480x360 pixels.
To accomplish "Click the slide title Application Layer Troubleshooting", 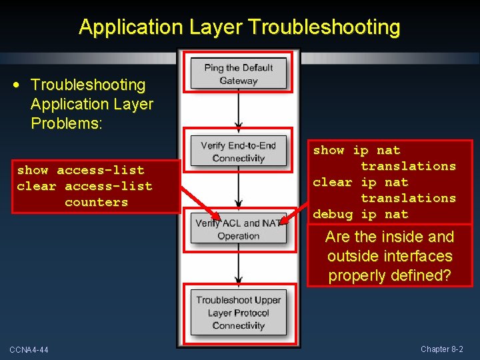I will click(239, 27).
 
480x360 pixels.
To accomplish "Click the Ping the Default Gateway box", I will click(239, 73).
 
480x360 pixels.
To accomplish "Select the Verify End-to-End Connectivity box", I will click(239, 151).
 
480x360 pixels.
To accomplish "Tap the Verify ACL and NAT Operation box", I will click(239, 229).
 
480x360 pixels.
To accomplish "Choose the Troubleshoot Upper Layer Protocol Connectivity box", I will click(239, 313).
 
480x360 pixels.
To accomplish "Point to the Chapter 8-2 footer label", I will click(441, 349).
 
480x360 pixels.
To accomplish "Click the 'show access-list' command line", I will click(80, 170).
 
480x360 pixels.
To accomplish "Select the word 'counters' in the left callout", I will click(96, 202).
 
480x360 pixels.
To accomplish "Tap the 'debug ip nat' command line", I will click(360, 214).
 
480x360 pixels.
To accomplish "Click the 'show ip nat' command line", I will click(357, 151).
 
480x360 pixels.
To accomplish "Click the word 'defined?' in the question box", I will click(423, 275).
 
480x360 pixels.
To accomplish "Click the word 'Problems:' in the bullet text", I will click(67, 124).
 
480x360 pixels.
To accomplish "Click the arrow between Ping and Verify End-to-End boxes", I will click(239, 109).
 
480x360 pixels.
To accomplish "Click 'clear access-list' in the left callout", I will click(84, 186).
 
